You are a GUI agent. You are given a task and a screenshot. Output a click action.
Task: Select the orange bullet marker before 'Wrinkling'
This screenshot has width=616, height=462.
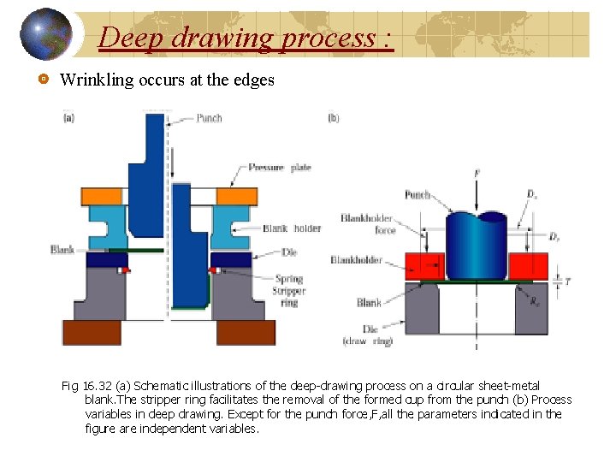[42, 80]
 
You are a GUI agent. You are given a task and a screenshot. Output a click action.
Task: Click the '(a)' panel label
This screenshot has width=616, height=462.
[69, 118]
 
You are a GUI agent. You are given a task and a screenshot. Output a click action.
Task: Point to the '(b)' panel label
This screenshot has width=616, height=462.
[334, 118]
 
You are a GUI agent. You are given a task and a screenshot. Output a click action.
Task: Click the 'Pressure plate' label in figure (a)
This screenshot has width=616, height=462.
[280, 169]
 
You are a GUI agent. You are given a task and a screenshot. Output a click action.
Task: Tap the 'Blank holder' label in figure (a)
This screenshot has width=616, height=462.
[292, 228]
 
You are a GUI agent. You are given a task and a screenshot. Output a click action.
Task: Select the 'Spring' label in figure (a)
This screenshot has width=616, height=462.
[288, 279]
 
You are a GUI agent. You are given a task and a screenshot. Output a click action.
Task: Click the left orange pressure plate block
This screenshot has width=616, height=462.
[101, 194]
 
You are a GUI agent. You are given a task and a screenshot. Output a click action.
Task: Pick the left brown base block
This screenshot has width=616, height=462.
[92, 332]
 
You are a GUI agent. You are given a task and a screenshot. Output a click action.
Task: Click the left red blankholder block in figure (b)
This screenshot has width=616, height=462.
[423, 266]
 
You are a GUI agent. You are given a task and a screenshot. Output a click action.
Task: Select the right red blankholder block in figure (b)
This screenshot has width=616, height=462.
[528, 266]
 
